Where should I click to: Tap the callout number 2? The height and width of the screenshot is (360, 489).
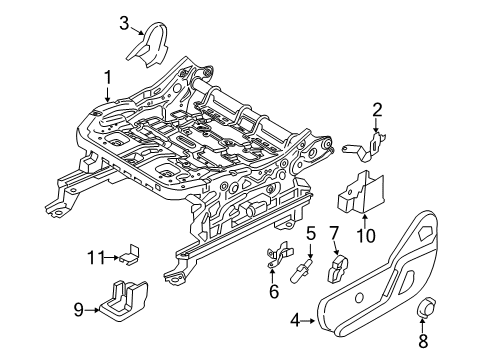coord(378,109)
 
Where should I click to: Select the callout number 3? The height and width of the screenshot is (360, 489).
coord(124,21)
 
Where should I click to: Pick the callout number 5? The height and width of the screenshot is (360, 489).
coord(311,235)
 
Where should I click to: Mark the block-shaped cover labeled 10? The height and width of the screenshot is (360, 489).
coord(359,191)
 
